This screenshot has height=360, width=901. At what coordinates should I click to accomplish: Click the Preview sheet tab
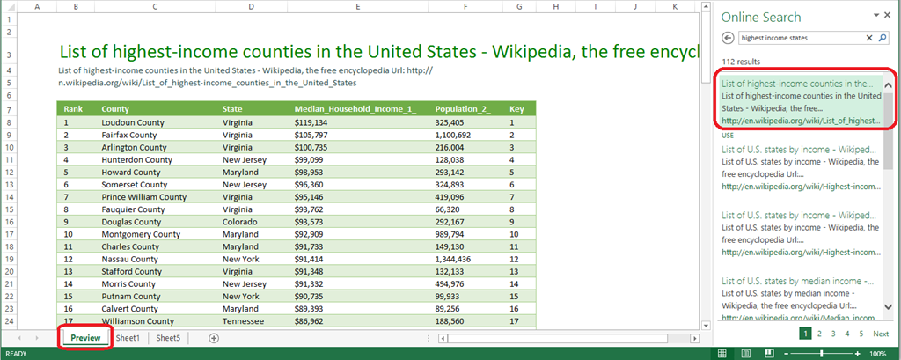85,338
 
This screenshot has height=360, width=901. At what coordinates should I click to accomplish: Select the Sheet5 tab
168,338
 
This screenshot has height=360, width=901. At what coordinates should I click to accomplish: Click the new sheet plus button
214,338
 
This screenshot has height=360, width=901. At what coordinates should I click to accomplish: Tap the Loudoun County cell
133,122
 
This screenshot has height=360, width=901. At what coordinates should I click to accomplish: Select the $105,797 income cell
311,136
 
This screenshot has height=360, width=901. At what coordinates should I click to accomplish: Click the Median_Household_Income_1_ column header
355,108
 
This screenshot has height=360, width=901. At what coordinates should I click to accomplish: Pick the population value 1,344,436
453,259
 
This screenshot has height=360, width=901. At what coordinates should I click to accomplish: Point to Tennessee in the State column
243,321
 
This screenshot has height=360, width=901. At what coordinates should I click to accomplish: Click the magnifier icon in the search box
883,38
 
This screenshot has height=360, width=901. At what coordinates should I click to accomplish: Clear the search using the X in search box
869,38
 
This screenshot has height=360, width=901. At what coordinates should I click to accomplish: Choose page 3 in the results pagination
833,334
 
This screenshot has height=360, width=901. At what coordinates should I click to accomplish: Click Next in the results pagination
880,334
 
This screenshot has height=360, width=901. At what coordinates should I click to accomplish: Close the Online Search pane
887,16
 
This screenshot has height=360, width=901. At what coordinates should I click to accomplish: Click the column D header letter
251,6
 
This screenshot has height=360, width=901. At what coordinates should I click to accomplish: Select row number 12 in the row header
10,172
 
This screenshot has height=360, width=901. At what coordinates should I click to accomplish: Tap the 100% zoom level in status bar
877,354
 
